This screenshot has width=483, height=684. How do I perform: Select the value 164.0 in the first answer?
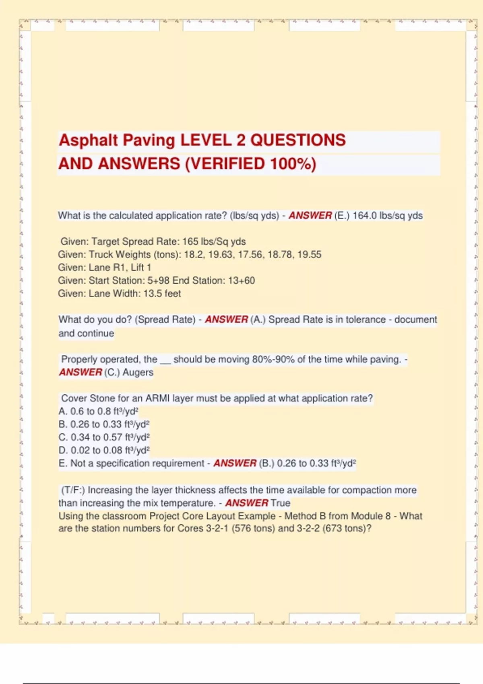pyautogui.click(x=364, y=216)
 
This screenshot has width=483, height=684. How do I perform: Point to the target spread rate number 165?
pyautogui.click(x=190, y=241)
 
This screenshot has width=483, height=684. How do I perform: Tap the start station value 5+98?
pyautogui.click(x=159, y=280)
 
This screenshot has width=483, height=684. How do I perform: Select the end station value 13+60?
pyautogui.click(x=242, y=280)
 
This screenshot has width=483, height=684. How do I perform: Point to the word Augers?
pyautogui.click(x=138, y=372)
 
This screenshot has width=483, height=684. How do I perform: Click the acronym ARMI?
pyautogui.click(x=157, y=398)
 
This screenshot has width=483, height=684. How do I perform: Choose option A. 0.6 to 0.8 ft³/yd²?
pyautogui.click(x=99, y=411)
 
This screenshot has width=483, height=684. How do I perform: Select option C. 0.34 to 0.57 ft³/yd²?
pyautogui.click(x=104, y=437)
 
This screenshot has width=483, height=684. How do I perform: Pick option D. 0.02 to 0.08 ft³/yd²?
pyautogui.click(x=104, y=450)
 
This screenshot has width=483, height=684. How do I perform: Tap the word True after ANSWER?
pyautogui.click(x=281, y=503)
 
